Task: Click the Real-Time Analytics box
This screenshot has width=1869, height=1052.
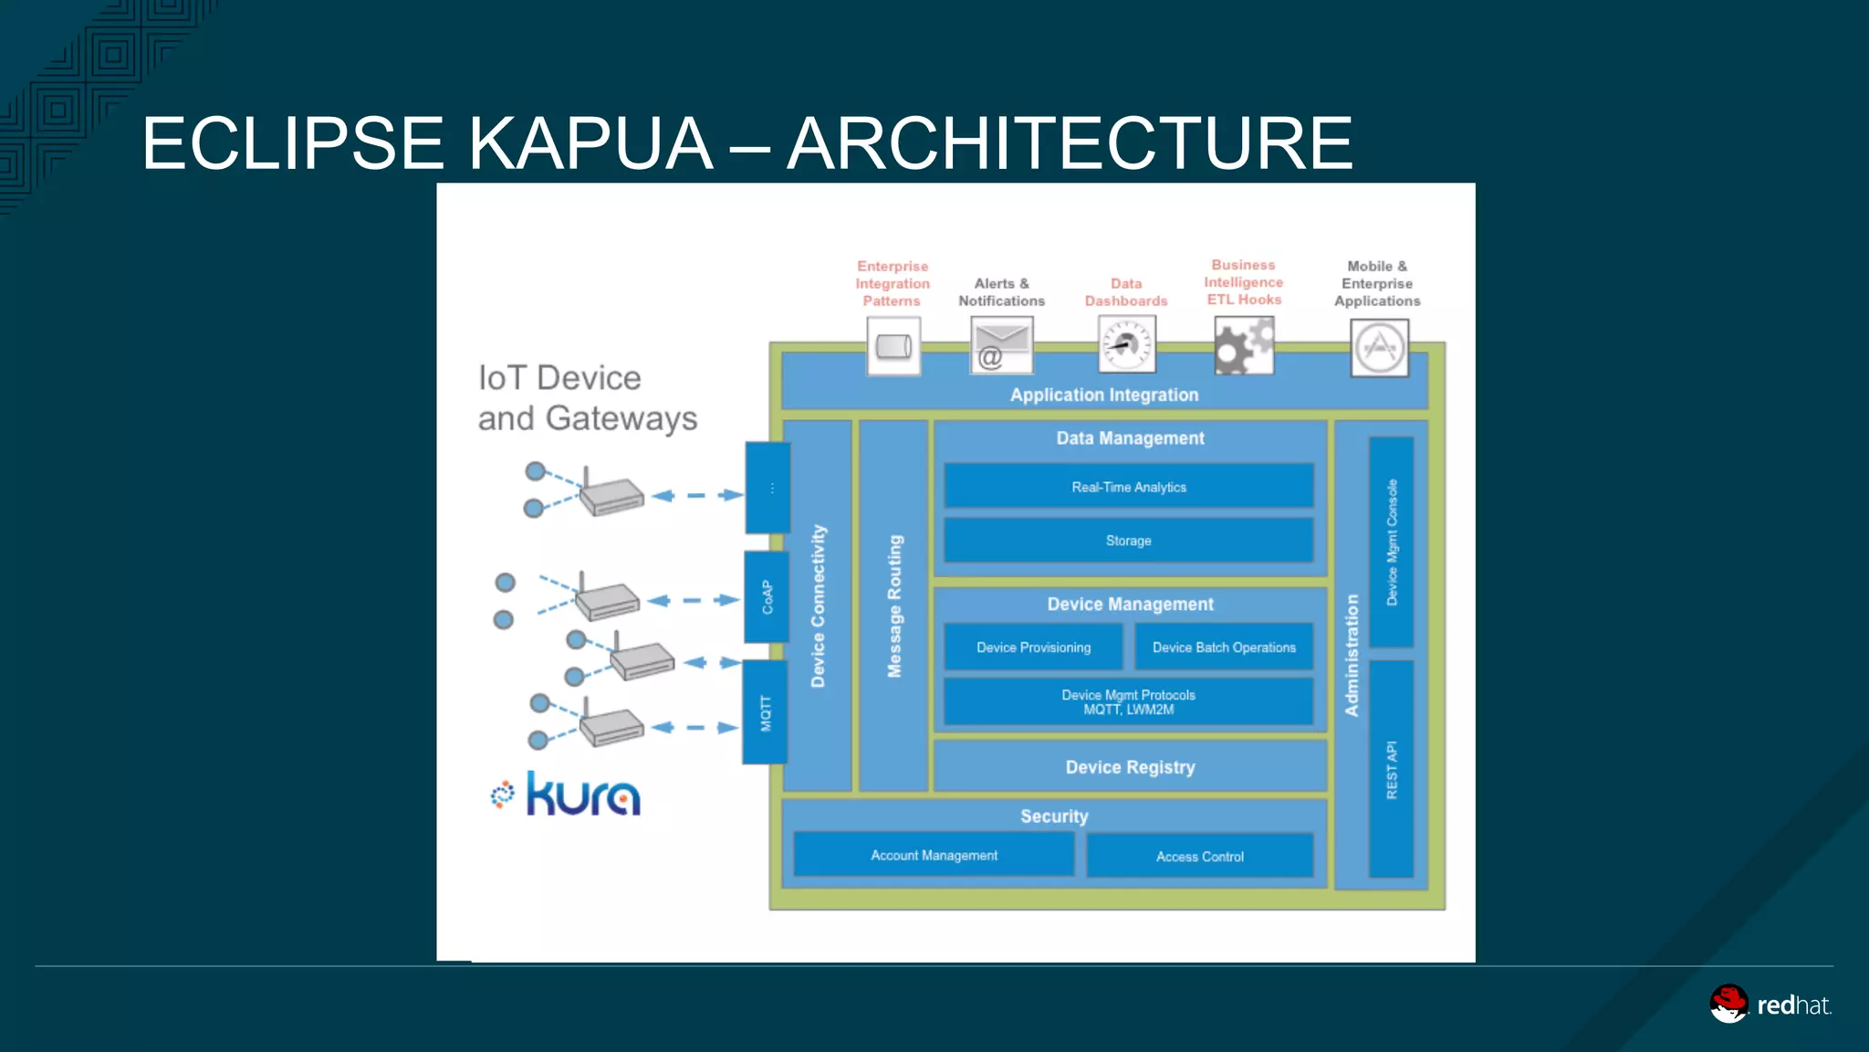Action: (1129, 486)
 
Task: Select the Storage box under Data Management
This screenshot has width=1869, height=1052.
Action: (1129, 540)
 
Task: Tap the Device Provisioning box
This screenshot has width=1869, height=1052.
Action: (1033, 647)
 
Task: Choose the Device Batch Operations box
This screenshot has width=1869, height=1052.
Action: (1224, 647)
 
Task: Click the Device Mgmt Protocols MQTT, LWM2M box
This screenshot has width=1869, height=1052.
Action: (1129, 701)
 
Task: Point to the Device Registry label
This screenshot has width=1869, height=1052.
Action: (1130, 767)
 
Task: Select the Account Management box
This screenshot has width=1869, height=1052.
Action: (934, 855)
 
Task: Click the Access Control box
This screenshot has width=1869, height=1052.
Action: (1200, 856)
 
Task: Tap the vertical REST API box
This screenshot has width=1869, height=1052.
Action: (1392, 769)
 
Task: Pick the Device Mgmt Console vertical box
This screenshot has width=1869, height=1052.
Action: (1392, 542)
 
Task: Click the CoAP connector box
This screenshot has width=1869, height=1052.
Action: (767, 596)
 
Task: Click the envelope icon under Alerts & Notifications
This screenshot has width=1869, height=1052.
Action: (1001, 345)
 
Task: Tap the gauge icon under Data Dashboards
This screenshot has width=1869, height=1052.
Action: (1127, 344)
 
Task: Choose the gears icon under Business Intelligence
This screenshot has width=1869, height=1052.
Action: (1244, 345)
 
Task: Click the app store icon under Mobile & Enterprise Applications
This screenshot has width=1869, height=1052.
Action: (1379, 348)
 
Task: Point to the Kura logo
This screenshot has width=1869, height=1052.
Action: (567, 794)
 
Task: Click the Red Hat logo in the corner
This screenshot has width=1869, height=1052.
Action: (1770, 1005)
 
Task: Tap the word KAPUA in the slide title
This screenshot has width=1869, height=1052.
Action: (590, 143)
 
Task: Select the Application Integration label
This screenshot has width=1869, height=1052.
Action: (1104, 394)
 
